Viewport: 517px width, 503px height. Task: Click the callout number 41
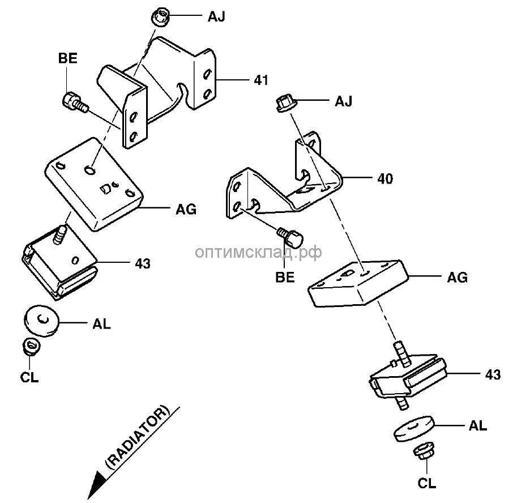click(x=260, y=80)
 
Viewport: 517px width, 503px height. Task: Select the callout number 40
click(x=385, y=178)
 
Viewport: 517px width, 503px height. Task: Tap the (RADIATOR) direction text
click(x=138, y=437)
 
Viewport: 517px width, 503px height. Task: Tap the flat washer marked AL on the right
click(x=413, y=428)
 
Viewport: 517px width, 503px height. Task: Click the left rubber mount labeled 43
click(x=59, y=261)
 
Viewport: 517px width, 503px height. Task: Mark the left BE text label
click(x=67, y=57)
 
